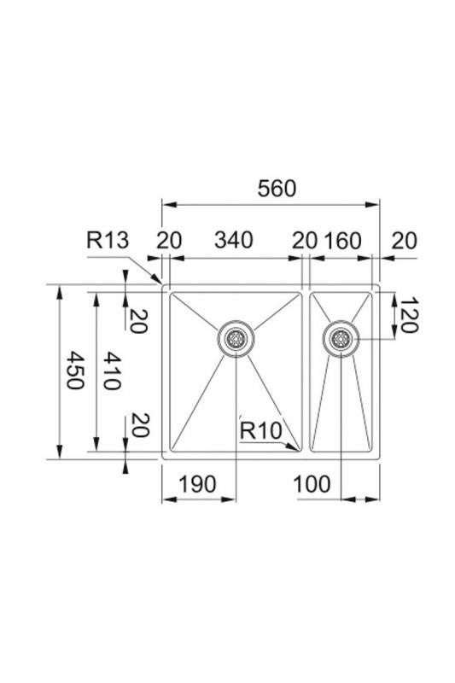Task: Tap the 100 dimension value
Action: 311,484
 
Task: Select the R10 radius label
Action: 260,431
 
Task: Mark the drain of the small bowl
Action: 341,338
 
